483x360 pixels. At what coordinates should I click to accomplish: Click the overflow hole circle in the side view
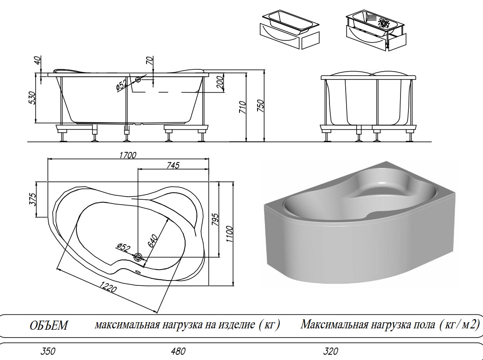tap(138, 79)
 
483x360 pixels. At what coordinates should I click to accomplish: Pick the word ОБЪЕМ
tap(49, 326)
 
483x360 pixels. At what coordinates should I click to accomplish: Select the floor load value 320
tap(331, 351)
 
